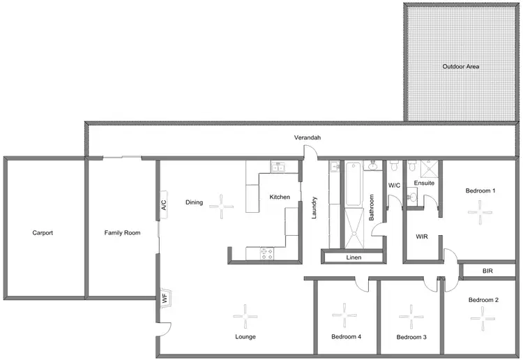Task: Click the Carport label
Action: pos(43,233)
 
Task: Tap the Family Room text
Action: pos(123,233)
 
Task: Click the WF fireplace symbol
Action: pos(165,299)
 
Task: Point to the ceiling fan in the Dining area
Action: pos(222,203)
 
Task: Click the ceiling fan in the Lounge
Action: pos(245,317)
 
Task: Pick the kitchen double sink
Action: pos(277,167)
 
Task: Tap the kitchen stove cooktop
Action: pos(266,254)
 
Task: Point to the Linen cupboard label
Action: pos(354,258)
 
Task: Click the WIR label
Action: pos(421,237)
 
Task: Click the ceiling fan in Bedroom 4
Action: pos(345,315)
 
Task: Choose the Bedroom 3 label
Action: pos(411,338)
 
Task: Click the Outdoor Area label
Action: pos(461,67)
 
